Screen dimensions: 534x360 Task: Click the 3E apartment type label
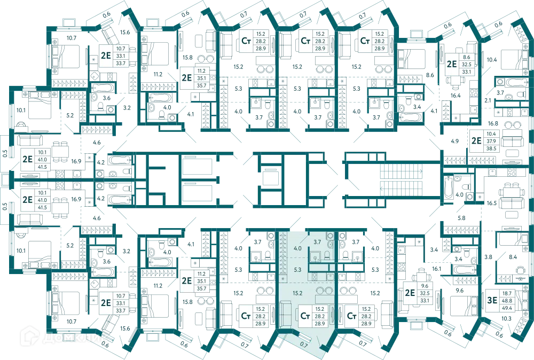tap(492, 300)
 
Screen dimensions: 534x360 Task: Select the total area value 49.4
tap(507, 308)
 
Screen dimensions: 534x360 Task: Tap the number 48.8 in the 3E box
tap(507, 300)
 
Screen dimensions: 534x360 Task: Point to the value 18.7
tap(507, 293)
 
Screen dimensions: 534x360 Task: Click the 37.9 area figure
tap(491, 141)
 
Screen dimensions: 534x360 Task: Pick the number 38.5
tap(491, 148)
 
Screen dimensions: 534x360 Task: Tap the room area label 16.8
tap(493, 123)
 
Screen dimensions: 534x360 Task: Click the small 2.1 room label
tap(488, 100)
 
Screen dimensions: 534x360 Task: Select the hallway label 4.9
tap(454, 141)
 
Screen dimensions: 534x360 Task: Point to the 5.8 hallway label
tap(461, 218)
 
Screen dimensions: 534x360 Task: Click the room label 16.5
tap(491, 203)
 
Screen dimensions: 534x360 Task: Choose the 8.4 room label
tap(513, 257)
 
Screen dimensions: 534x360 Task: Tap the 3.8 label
tap(489, 257)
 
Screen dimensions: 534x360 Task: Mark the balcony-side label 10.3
tap(506, 318)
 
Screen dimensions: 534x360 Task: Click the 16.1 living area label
tap(437, 269)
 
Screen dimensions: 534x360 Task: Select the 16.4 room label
tap(456, 96)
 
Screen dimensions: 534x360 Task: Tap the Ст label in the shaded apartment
tap(305, 316)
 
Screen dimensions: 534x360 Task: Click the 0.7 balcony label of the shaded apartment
tap(304, 345)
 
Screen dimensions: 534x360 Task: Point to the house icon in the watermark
tap(29, 336)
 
